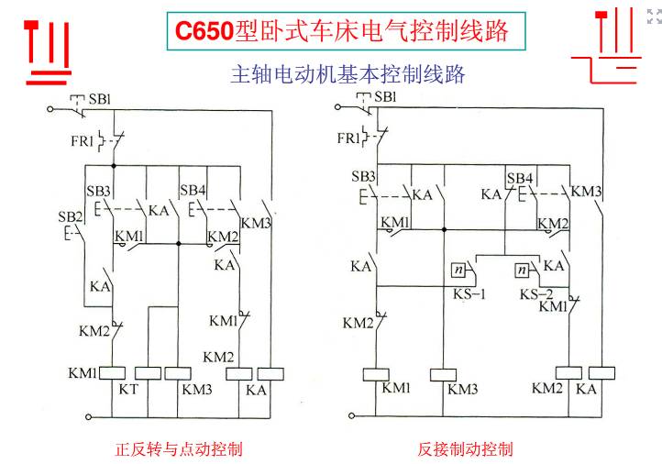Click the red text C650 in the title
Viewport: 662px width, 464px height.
pos(204,31)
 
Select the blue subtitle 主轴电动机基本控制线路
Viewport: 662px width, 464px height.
pos(348,74)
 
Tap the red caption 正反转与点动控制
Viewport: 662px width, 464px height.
pos(179,448)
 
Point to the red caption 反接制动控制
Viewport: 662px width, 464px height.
pos(465,448)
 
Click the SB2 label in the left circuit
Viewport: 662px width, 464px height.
pos(70,216)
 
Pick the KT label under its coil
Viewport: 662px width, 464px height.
pos(128,389)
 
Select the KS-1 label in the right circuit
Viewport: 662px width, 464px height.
pos(469,293)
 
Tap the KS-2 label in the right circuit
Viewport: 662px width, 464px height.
pos(536,293)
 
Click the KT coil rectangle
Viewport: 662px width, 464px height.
pos(148,373)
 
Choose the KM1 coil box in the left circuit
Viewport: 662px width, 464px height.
pos(112,373)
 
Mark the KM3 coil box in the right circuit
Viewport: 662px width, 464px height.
pos(443,375)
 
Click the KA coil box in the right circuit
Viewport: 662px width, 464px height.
pos(601,373)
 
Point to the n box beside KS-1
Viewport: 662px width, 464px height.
pos(458,270)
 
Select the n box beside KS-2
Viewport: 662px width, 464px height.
pos(523,270)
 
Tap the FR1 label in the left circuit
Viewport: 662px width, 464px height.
pos(82,140)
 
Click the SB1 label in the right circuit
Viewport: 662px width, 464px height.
pos(385,97)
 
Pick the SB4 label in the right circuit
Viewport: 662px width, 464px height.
pos(520,178)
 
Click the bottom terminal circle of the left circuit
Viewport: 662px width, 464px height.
pos(88,417)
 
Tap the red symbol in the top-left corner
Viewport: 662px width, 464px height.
pos(48,52)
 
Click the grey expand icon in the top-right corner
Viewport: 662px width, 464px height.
pos(654,16)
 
